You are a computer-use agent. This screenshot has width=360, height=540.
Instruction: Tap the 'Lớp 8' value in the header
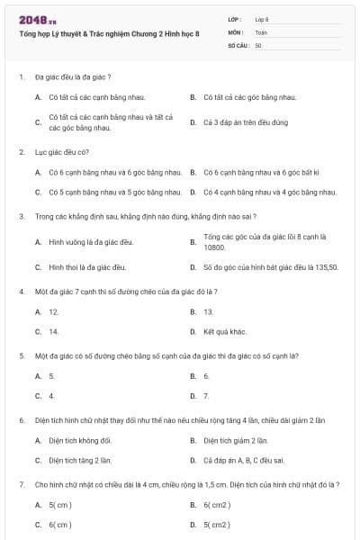click(262, 19)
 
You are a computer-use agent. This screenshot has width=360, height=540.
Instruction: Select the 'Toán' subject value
click(262, 31)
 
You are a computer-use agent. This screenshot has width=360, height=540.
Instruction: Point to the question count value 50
click(258, 45)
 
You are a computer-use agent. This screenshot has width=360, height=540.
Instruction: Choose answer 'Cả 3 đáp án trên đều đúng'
click(246, 122)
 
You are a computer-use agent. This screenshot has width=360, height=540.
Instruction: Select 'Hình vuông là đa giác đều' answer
click(91, 242)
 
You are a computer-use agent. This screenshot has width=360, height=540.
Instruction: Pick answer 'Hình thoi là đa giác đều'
click(87, 267)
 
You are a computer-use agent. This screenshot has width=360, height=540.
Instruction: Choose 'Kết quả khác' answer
click(225, 331)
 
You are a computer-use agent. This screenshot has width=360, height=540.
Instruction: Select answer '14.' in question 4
click(54, 331)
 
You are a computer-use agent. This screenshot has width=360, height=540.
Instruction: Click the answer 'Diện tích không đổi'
click(80, 440)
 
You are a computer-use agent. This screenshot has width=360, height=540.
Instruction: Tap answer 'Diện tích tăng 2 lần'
click(80, 460)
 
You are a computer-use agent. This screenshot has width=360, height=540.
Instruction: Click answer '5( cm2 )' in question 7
click(217, 524)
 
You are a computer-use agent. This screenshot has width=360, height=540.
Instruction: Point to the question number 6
click(21, 420)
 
